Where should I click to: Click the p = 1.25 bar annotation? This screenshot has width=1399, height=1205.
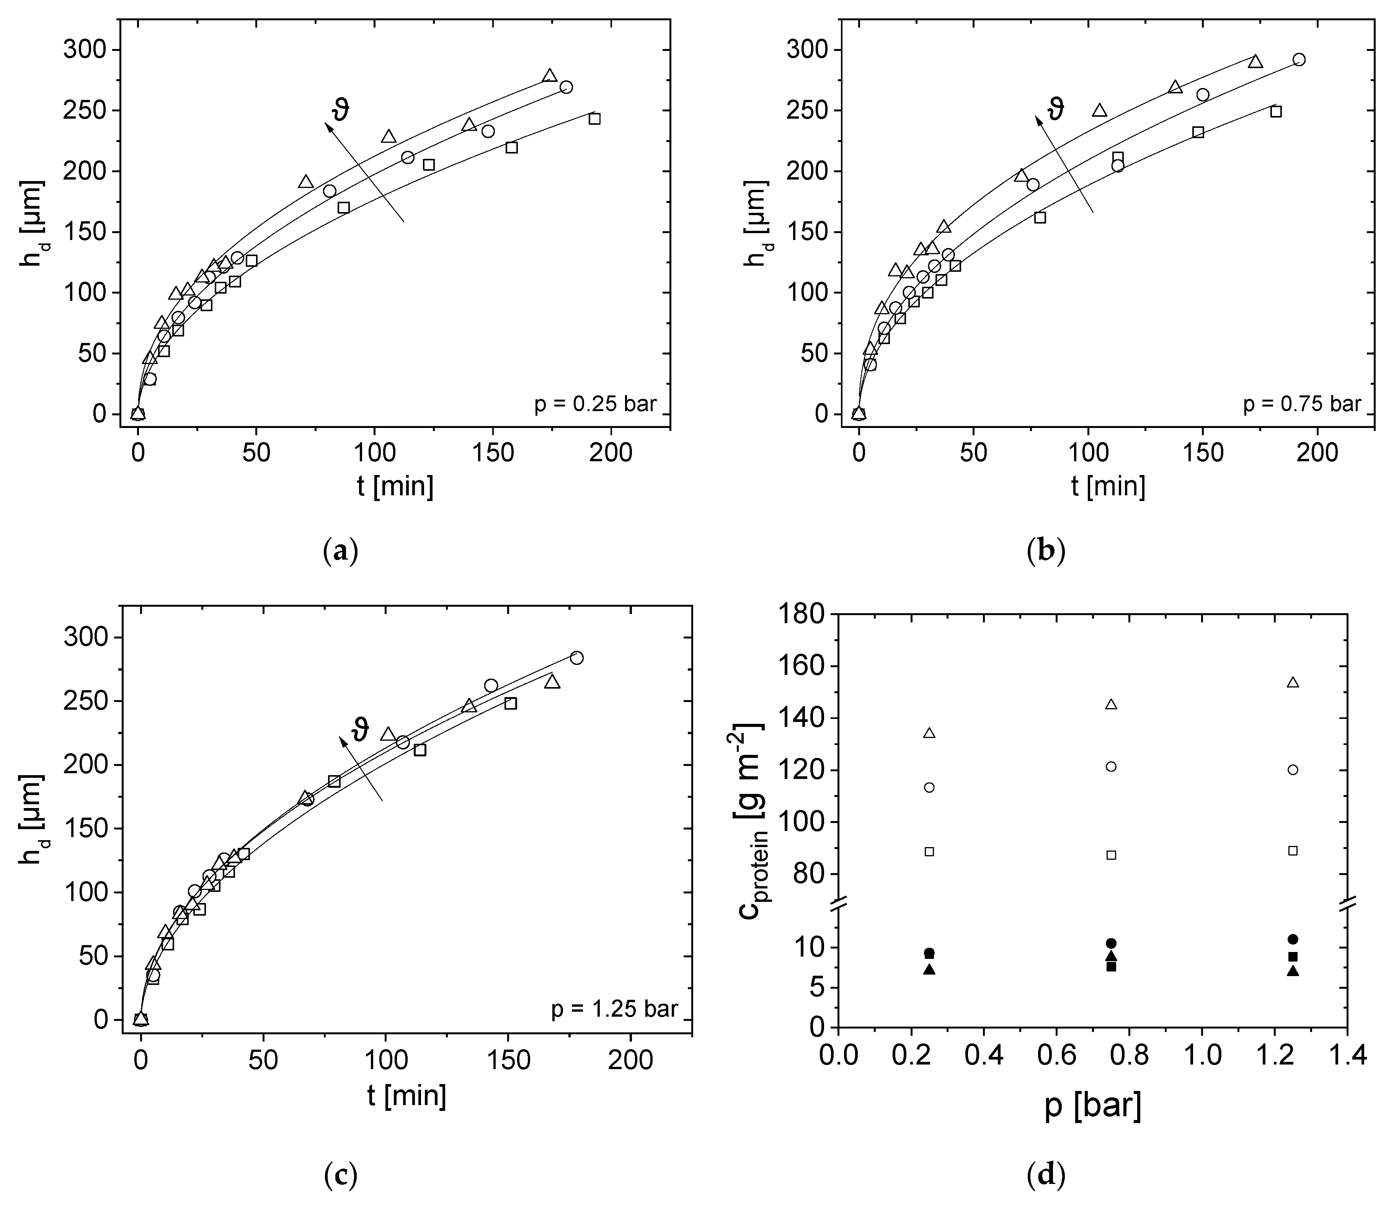(x=614, y=1009)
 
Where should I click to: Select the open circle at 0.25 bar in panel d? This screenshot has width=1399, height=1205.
(x=929, y=787)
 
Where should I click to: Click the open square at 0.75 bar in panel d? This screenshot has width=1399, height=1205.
(x=1112, y=855)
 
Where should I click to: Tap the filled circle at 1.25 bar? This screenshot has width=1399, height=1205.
(x=1293, y=939)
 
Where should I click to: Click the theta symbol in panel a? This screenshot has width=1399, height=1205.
(x=342, y=110)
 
